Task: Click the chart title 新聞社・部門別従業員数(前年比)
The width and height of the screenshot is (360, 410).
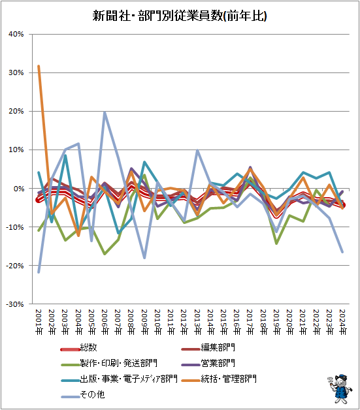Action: [x=180, y=16]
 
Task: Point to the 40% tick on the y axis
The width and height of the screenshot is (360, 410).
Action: [x=16, y=34]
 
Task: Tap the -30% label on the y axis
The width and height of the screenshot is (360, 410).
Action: [x=15, y=304]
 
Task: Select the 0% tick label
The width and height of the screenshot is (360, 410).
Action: [x=19, y=189]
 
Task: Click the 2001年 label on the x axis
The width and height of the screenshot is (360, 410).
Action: [x=39, y=322]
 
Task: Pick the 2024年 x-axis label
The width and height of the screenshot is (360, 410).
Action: [x=342, y=322]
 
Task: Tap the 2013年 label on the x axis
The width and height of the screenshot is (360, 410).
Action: [x=197, y=322]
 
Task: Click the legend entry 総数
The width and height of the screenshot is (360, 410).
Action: [x=79, y=348]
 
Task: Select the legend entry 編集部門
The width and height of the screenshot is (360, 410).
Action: [x=208, y=348]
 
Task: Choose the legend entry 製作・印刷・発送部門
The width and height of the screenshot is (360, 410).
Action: [x=109, y=363]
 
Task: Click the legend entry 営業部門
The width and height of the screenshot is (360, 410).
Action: [x=208, y=363]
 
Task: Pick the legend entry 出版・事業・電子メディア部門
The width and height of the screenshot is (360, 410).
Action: [x=120, y=379]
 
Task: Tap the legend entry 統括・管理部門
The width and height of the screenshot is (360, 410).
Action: [x=219, y=379]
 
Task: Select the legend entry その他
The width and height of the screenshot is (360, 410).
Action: [x=83, y=394]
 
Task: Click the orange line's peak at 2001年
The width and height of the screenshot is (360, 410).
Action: [x=39, y=66]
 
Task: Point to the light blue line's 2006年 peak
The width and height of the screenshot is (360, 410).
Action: [x=105, y=112]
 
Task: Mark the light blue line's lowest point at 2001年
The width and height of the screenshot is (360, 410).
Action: [x=39, y=272]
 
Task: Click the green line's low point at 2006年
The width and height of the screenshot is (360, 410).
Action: [x=105, y=254]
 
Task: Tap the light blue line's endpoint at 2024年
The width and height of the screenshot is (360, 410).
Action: [x=342, y=252]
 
